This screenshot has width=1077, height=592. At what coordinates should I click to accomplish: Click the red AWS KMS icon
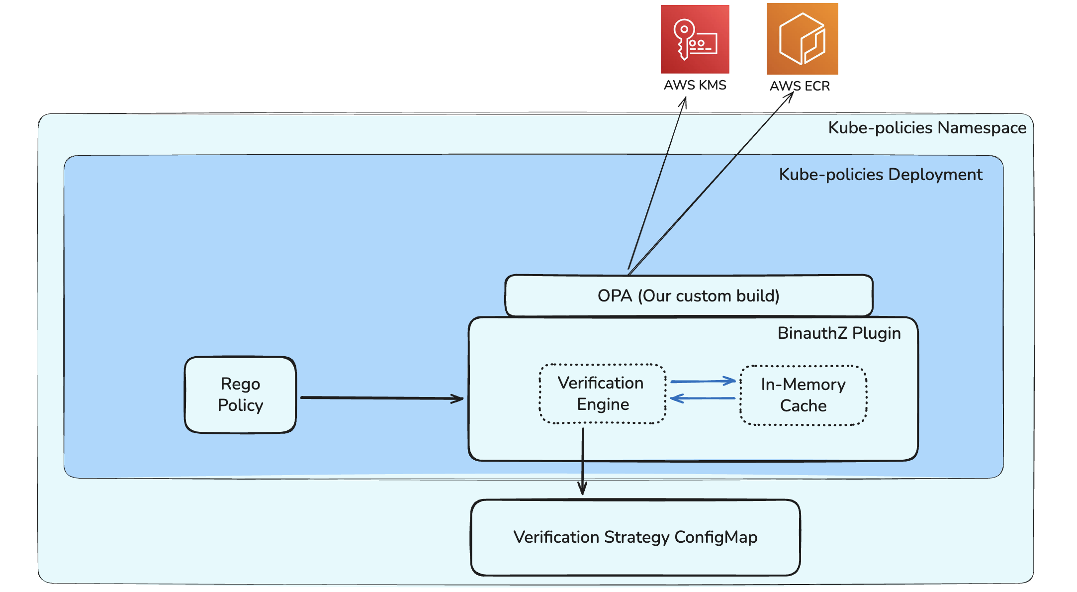(x=695, y=39)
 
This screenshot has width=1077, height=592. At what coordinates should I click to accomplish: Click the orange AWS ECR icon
(x=802, y=39)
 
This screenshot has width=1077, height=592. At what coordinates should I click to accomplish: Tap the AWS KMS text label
(x=695, y=85)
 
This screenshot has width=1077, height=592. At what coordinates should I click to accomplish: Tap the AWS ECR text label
(x=800, y=86)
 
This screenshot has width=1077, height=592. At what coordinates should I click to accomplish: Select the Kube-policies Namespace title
(x=927, y=128)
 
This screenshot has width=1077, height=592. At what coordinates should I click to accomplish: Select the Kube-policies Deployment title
(x=880, y=175)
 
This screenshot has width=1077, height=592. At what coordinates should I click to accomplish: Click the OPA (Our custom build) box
(x=688, y=296)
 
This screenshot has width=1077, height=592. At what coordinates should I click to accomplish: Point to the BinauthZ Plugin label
(x=839, y=333)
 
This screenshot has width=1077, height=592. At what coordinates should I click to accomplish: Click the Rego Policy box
(x=240, y=395)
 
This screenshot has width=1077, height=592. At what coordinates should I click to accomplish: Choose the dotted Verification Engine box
(x=602, y=394)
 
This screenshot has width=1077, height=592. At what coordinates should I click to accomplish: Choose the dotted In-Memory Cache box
(x=803, y=395)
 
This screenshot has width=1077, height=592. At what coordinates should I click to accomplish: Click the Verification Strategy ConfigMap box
(x=635, y=537)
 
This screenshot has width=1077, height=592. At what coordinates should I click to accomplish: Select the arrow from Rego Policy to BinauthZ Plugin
(x=380, y=398)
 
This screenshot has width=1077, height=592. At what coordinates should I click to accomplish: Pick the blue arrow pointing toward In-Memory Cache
(x=702, y=382)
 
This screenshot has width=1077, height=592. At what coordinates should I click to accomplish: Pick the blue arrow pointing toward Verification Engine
(x=702, y=398)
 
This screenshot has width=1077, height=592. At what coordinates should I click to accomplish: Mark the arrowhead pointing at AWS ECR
(x=790, y=95)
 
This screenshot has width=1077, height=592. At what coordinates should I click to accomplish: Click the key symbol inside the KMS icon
(x=683, y=38)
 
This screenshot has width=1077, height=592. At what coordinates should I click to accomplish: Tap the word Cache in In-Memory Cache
(x=803, y=406)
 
